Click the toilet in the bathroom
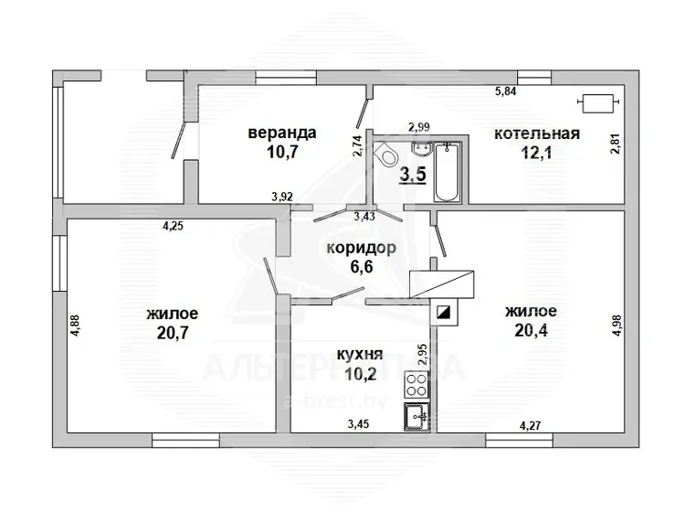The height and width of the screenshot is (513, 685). pos(386,155)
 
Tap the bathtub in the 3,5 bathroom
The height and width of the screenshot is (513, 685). pos(448,172)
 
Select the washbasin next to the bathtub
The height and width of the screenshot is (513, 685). pos(422,148)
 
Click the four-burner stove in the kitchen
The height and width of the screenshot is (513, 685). pos(416,385)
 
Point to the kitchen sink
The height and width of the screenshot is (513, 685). pos(416,417)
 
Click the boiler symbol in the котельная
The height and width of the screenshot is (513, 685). pos(598,103)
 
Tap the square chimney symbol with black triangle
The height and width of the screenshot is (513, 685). pos(444,312)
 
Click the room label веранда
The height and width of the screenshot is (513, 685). pos(282,133)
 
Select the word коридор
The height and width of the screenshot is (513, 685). pos(362,248)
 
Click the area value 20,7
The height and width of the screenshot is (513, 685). pos(173,333)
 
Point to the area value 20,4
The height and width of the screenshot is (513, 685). pos(531,330)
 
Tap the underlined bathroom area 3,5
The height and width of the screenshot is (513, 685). pos(413,175)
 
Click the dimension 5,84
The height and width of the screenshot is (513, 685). pos(505,91)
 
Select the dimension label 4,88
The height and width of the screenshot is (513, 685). pos(76,326)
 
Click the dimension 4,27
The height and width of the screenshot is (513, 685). pos(531,425)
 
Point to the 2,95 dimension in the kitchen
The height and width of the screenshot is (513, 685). pos(422,354)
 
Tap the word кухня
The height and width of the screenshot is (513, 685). pos(360,354)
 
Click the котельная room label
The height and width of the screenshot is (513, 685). pos(537,134)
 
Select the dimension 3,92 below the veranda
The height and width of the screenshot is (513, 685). pos(282,197)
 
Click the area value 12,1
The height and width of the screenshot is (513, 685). pos(536,153)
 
